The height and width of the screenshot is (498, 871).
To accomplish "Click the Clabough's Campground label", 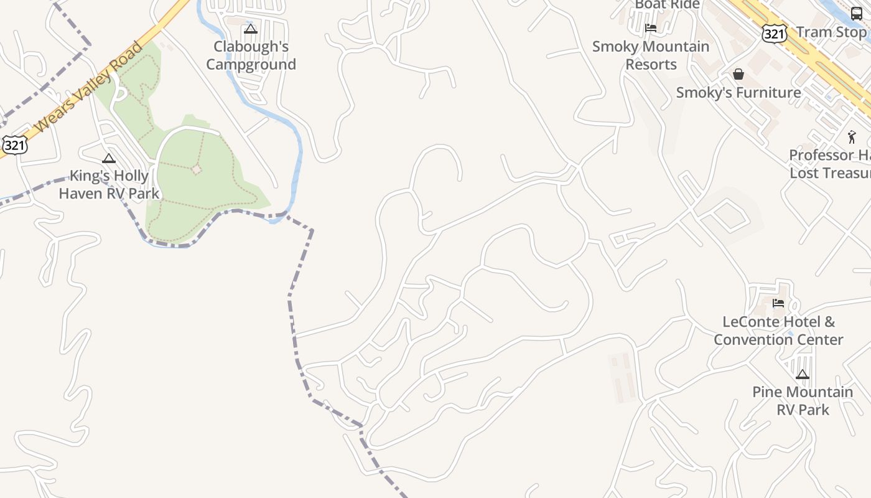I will point(251,55).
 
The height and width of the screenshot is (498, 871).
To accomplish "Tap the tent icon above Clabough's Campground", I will point(251,29).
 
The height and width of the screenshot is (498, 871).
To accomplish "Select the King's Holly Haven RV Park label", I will point(109,185).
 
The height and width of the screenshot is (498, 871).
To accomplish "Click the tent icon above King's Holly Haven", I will point(109,159).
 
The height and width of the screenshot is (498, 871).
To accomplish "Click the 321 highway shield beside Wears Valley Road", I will point(14,145).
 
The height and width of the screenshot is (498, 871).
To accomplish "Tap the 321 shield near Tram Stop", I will point(774,34).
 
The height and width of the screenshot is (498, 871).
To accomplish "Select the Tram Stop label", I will point(831,32).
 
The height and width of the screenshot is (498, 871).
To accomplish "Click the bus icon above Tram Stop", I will point(857,14).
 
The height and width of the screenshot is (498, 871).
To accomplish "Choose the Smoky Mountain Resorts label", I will point(651,55).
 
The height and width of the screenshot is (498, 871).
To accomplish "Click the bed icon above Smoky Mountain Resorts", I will point(651,28).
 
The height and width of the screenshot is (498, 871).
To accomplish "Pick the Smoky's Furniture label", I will point(738,93).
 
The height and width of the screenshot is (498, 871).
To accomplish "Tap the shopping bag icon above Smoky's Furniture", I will point(738,75).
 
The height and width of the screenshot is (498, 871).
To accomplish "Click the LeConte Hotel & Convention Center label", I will point(778,331).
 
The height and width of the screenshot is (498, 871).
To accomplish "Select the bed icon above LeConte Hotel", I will point(778,304).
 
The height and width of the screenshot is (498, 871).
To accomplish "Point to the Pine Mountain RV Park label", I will point(803,401).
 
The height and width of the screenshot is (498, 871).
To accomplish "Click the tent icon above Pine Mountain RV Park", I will point(803,375).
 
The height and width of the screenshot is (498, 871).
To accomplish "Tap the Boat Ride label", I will point(668,5).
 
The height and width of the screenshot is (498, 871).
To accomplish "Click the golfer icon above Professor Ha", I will point(852,137).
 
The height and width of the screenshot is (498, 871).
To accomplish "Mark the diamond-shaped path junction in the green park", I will point(197,169).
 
